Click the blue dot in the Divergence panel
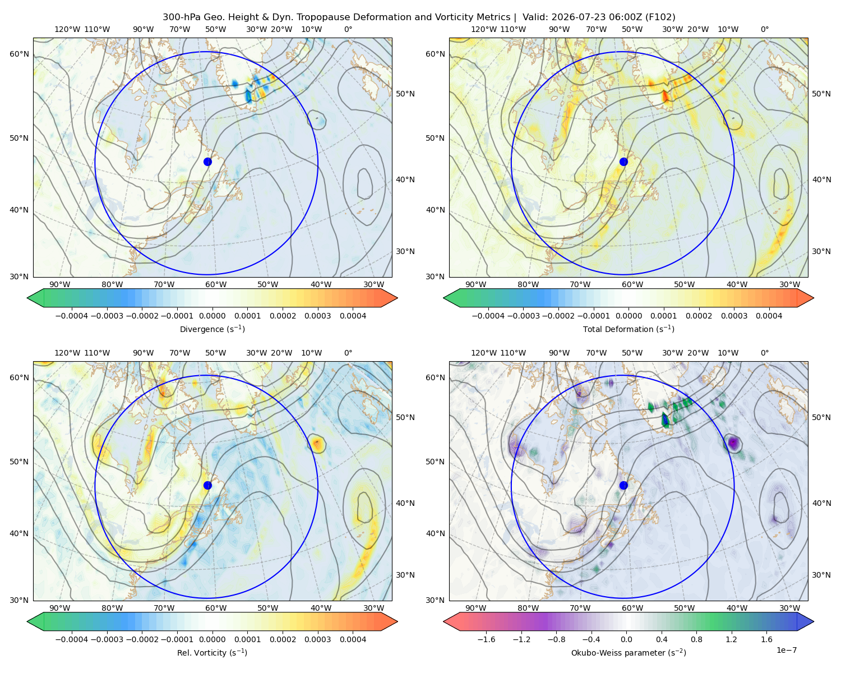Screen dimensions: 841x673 207,162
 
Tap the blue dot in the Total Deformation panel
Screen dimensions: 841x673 623,162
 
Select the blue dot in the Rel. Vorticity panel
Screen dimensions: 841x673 207,485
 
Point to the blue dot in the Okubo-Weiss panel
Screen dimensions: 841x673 623,485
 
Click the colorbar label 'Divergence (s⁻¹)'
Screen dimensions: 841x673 212,329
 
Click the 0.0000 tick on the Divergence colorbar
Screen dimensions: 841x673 212,316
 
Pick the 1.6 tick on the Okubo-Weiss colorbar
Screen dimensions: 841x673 766,639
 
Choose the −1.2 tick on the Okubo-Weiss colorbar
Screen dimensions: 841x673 521,639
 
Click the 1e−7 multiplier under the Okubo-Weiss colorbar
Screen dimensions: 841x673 786,650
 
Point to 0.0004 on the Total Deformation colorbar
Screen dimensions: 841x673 769,316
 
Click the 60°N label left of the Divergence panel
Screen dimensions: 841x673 19,54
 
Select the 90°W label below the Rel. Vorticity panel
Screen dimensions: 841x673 60,608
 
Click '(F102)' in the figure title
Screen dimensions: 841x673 660,17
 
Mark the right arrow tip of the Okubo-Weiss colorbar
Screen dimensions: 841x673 814,621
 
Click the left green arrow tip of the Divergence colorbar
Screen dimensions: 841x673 27,298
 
